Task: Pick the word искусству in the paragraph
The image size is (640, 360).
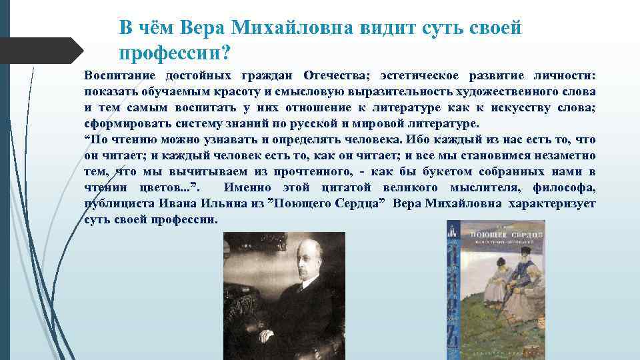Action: [x=497, y=108]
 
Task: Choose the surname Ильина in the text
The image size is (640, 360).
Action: [x=215, y=204]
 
